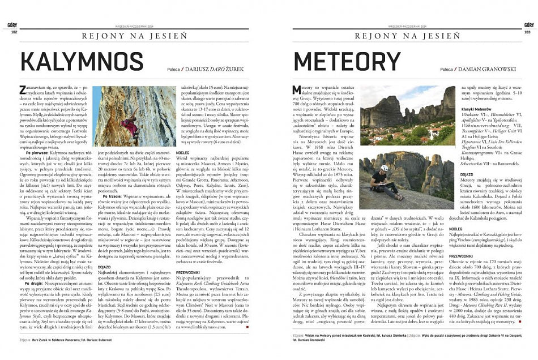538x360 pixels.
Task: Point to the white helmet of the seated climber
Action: pos(383,168)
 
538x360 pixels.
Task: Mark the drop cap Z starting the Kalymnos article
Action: pos(22,89)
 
